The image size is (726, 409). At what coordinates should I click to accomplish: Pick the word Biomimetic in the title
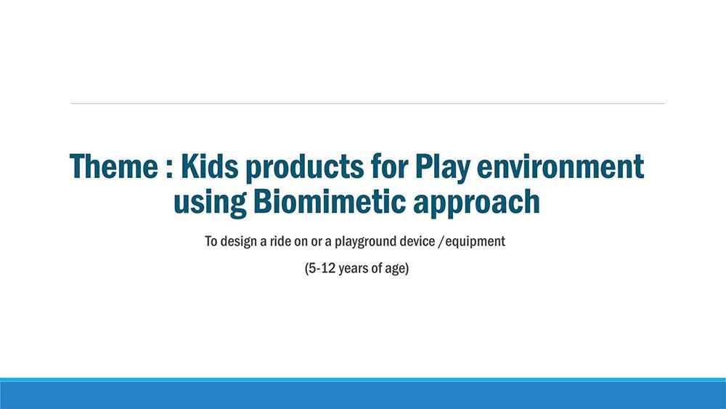(x=329, y=202)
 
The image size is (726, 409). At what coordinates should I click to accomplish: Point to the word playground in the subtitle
(x=362, y=242)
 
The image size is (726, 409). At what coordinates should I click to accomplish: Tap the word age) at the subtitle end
(x=397, y=269)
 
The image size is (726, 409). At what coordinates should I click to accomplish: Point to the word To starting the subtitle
(x=211, y=241)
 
